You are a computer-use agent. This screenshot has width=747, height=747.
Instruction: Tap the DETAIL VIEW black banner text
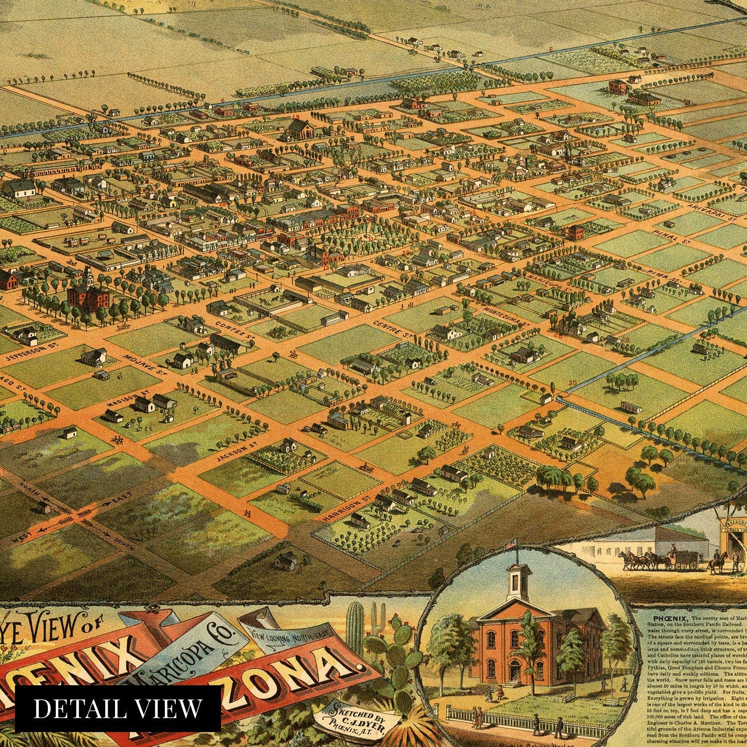(x=118, y=708)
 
